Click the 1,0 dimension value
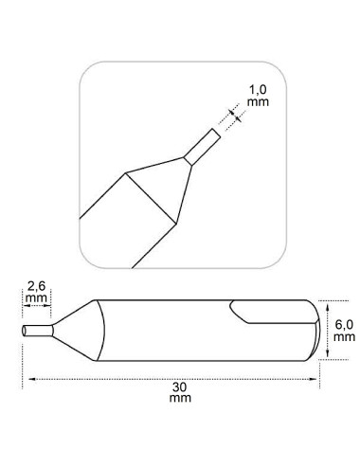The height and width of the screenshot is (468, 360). point(258,90)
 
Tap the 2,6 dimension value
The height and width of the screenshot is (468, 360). point(36,286)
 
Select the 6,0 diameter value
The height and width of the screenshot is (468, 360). point(344,325)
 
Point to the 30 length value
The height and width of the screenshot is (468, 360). point(180,387)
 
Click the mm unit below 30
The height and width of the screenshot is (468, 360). point(180,398)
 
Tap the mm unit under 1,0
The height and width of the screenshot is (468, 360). point(258,102)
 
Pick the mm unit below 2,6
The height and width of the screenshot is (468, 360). point(36,297)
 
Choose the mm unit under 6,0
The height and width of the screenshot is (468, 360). point(344,337)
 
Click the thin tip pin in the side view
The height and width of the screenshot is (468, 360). point(38,331)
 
